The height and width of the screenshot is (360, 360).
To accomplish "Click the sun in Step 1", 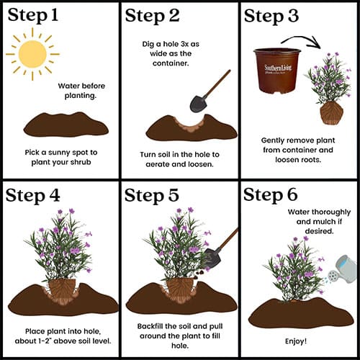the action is pos(32,54).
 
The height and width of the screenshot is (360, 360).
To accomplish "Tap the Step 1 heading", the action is pos(33,15).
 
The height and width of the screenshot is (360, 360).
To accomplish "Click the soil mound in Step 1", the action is pos(66,125).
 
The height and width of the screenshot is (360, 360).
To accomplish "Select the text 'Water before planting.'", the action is pos(81,91).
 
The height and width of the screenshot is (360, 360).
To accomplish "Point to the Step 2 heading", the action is pos(152,16).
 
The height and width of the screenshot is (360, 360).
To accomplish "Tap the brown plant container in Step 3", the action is pos(277,70).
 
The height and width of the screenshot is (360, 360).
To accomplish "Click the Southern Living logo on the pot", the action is pos(278,68).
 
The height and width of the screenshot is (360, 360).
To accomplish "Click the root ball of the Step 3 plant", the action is pos(332,112).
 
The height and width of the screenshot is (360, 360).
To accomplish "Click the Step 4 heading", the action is pos(32,196).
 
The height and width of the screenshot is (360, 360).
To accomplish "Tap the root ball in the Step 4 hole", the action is pos(62,291).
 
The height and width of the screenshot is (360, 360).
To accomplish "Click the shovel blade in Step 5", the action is pos(212,258).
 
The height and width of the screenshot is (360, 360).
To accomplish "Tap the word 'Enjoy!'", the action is pos(296,341).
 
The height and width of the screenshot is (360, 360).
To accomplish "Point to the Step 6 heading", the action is pos(271,194).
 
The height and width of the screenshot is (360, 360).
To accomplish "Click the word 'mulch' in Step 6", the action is pos(323,222).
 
